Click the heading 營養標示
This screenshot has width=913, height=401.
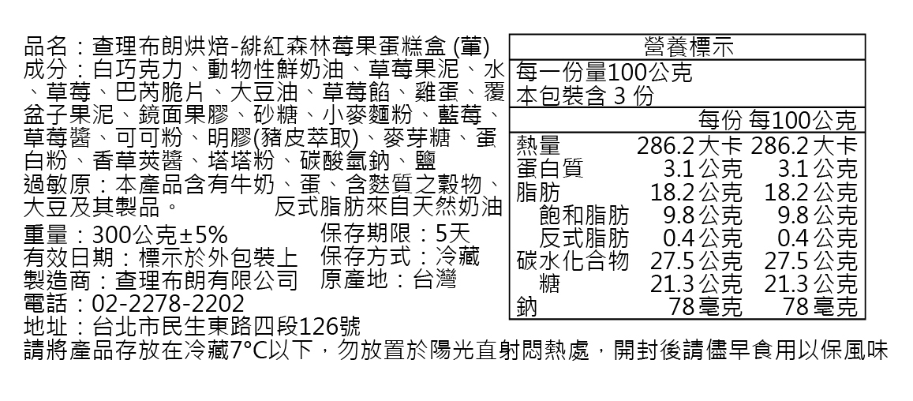(x=687, y=47)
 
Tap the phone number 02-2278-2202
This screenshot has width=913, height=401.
(x=168, y=303)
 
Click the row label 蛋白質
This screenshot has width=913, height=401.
(x=550, y=169)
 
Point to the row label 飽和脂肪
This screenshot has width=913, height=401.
(x=584, y=215)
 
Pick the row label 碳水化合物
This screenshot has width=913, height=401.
(x=573, y=260)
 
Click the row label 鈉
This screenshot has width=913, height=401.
(x=527, y=307)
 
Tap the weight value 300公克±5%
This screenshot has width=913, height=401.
(x=160, y=235)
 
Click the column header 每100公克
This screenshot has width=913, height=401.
(x=803, y=121)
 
